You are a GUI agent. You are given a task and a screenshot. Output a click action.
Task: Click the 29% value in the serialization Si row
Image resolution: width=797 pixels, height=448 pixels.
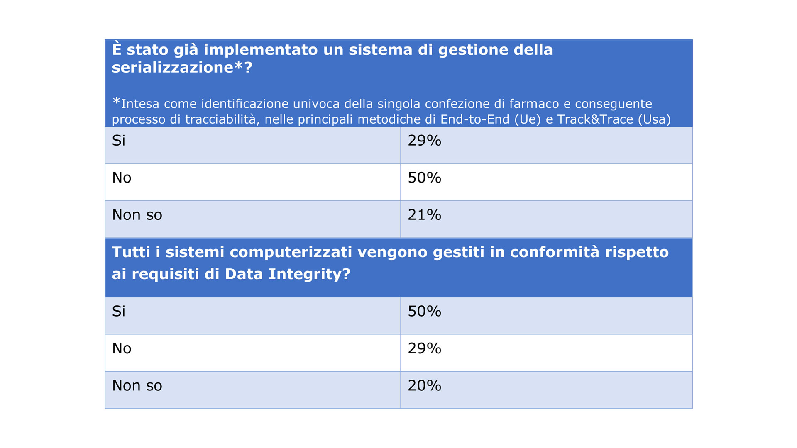(x=424, y=141)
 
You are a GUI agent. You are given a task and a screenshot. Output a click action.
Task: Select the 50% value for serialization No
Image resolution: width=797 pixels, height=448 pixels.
(x=424, y=178)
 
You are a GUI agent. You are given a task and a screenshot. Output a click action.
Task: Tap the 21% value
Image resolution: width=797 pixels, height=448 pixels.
(x=424, y=215)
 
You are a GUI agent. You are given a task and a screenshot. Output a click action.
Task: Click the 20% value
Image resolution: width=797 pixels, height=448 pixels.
(x=424, y=385)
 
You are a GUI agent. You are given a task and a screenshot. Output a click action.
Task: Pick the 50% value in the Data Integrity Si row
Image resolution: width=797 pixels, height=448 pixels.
(x=424, y=311)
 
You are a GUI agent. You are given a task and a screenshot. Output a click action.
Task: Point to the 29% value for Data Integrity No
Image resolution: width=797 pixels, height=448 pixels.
(x=424, y=348)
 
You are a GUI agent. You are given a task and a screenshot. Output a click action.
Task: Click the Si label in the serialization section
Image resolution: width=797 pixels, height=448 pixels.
(x=119, y=141)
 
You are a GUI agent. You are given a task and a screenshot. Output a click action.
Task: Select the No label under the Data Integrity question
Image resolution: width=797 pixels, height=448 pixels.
(x=122, y=348)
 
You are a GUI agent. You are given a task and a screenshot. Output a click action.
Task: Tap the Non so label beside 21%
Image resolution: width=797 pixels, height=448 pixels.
(x=137, y=215)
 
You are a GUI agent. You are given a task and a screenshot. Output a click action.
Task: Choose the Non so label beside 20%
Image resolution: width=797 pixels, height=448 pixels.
(x=137, y=385)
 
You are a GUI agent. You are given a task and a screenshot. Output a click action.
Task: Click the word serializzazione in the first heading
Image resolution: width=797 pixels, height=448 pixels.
(x=172, y=68)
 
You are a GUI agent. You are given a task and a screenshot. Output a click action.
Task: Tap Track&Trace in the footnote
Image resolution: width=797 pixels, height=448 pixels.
(x=595, y=119)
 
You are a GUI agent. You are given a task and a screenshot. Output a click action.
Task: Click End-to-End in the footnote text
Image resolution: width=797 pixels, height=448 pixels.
(x=474, y=119)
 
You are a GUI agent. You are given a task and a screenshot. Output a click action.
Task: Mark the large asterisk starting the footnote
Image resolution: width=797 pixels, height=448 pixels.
(x=116, y=101)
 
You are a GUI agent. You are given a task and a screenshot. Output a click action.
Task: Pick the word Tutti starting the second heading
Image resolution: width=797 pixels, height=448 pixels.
(x=131, y=252)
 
